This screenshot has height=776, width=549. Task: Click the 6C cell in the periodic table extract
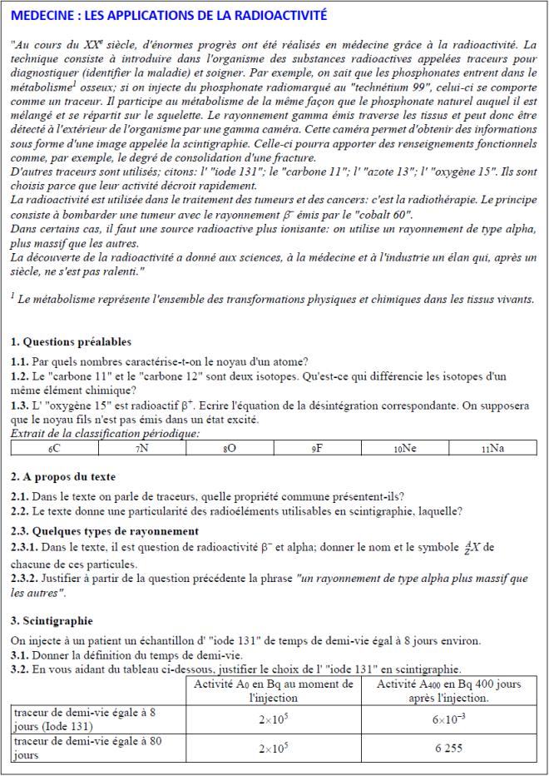(55, 448)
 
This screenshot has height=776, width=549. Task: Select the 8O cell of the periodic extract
(230, 448)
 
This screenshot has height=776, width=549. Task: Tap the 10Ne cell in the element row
(405, 448)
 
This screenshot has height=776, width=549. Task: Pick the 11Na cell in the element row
(492, 448)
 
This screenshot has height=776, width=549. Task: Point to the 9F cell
(318, 448)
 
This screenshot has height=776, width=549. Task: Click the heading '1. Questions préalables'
(71, 342)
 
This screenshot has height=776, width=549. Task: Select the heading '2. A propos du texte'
(63, 477)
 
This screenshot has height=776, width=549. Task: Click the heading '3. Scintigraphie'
(52, 621)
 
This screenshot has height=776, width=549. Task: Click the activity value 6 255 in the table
(448, 748)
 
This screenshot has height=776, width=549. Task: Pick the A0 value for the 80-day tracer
(273, 748)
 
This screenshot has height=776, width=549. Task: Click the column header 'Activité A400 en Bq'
(448, 684)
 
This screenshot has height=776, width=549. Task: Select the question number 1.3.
(19, 406)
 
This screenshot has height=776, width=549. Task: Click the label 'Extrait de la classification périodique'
(105, 433)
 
